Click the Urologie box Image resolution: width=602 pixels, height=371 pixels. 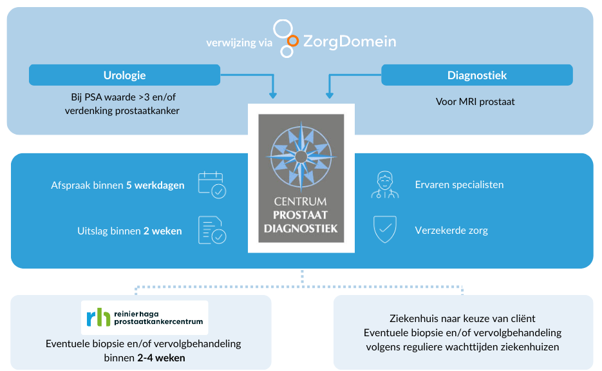pyautogui.click(x=124, y=75)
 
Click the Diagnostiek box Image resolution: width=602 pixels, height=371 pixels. pyautogui.click(x=476, y=75)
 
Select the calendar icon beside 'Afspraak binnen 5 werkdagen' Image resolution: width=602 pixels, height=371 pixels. pyautogui.click(x=212, y=185)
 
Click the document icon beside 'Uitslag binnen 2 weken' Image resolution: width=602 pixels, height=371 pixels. pyautogui.click(x=212, y=231)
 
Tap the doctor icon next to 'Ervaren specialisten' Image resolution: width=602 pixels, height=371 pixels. pyautogui.click(x=384, y=185)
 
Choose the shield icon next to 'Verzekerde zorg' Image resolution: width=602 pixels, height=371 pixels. pyautogui.click(x=384, y=230)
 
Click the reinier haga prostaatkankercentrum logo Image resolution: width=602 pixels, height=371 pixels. pyautogui.click(x=144, y=317)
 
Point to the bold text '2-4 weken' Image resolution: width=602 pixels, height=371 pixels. pyautogui.click(x=161, y=357)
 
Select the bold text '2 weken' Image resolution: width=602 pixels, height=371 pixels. pyautogui.click(x=162, y=231)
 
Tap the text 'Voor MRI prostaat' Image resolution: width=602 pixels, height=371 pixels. pyautogui.click(x=475, y=101)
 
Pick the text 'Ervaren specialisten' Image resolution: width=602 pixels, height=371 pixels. pyautogui.click(x=459, y=185)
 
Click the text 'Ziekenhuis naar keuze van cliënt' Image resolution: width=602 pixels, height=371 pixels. pyautogui.click(x=462, y=319)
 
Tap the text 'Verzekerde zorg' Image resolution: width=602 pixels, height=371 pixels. pyautogui.click(x=451, y=231)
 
